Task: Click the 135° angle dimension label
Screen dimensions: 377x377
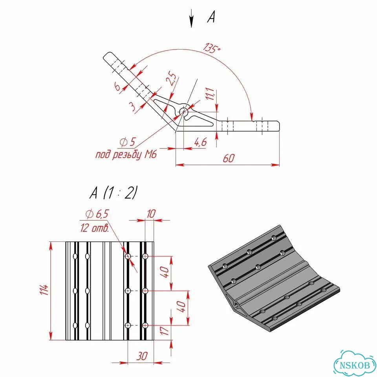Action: [x=212, y=48]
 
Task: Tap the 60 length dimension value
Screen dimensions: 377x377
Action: [x=229, y=158]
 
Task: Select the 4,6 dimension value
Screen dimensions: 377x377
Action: [x=201, y=142]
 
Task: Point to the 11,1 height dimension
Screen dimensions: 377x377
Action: [x=210, y=94]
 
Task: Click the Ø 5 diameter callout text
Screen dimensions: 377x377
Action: [x=127, y=142]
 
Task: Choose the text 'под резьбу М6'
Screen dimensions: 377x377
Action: [x=126, y=155]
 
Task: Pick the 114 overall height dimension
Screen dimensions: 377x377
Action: [x=44, y=290]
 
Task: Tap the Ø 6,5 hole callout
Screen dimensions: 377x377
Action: [x=97, y=214]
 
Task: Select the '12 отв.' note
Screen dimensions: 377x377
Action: [x=95, y=228]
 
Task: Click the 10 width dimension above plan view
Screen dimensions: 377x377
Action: [x=151, y=214]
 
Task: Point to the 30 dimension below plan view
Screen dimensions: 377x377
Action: [x=142, y=356]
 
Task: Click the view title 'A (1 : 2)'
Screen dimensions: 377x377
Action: [x=113, y=193]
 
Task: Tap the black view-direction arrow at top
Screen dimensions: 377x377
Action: [x=191, y=18]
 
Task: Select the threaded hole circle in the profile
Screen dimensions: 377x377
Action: [x=184, y=111]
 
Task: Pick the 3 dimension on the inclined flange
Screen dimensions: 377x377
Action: [x=133, y=106]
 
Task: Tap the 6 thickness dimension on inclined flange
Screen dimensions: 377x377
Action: [x=117, y=86]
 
